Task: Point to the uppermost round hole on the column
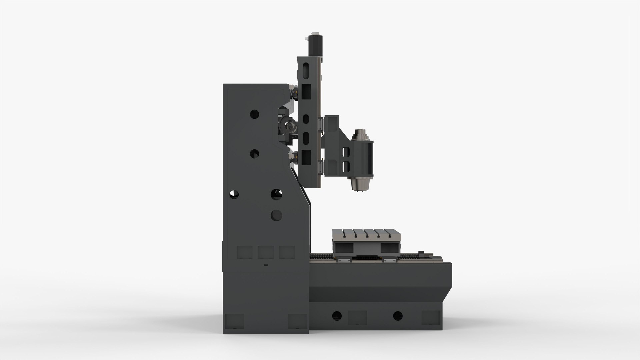point(255,114)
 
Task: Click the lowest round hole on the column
point(276,215)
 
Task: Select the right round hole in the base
point(398,315)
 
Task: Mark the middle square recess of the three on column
point(266,252)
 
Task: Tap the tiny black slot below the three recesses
point(266,265)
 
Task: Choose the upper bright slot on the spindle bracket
point(346,153)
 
